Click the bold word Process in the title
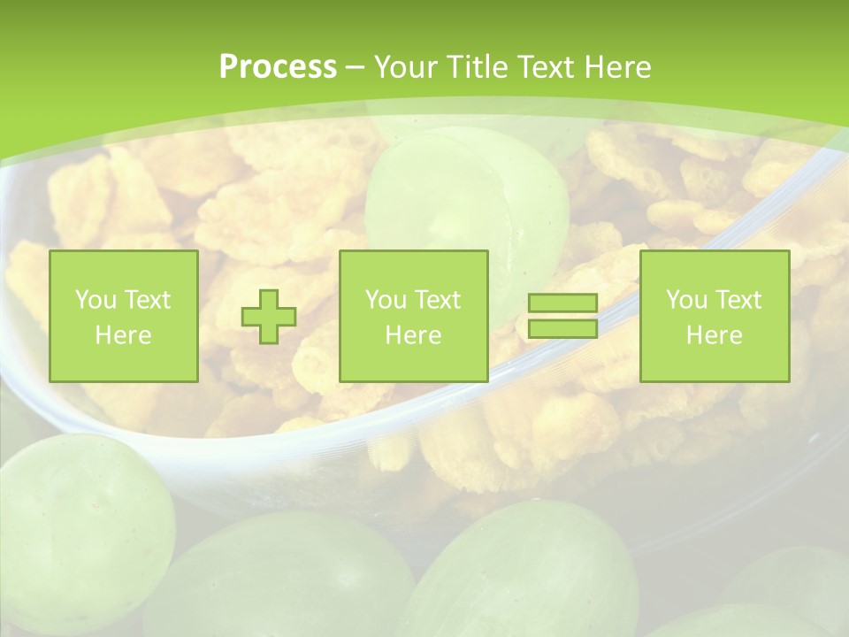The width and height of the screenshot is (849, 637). tap(278, 67)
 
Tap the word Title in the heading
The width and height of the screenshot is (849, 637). tap(478, 67)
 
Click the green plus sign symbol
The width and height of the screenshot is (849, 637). tap(269, 317)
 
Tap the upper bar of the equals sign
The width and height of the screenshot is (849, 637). tap(562, 303)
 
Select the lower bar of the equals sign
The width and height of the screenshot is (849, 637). tap(562, 328)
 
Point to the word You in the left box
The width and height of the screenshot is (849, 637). tap(94, 300)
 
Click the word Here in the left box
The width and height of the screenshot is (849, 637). tap(123, 335)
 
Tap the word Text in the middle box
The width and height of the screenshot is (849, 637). tap(437, 300)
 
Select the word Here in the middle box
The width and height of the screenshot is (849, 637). tap(413, 335)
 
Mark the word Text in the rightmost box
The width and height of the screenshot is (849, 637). tap(738, 300)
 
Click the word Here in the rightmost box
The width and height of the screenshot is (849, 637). tap(714, 335)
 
